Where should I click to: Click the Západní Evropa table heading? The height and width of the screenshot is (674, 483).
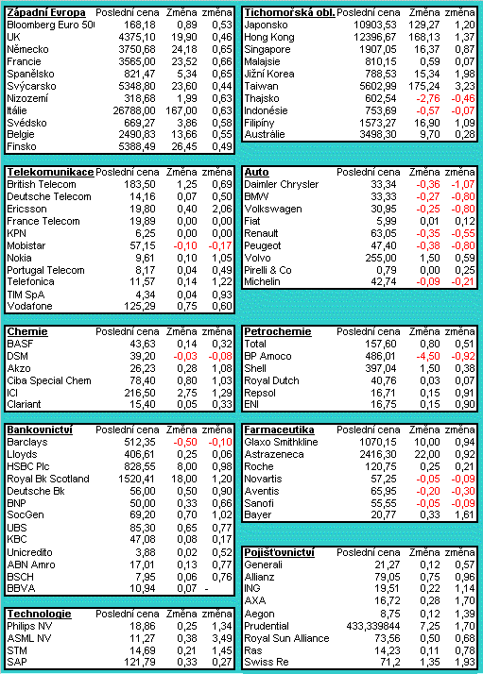tap(46, 13)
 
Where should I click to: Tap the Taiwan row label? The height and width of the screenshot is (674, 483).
tap(261, 87)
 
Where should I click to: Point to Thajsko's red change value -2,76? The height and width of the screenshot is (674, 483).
tap(428, 98)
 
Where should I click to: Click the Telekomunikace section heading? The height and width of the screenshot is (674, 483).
tap(50, 173)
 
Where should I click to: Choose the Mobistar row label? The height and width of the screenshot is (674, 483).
tap(26, 245)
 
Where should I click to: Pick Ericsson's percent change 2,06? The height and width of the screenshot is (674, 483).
tap(222, 209)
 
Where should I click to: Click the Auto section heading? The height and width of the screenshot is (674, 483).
tap(256, 173)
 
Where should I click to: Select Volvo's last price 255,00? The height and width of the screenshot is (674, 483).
tap(380, 258)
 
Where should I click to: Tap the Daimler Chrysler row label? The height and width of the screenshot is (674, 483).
tap(282, 184)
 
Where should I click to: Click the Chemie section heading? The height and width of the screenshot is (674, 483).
tap(27, 332)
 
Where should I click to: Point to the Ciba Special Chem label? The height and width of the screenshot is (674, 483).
tap(49, 380)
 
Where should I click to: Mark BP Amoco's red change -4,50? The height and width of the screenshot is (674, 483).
tap(428, 356)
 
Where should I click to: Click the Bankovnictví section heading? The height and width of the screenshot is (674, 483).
tap(40, 430)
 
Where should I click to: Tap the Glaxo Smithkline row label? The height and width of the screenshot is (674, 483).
tap(281, 443)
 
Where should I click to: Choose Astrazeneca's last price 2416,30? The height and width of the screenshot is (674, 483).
tap(378, 454)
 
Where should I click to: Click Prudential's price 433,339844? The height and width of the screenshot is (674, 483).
tap(373, 626)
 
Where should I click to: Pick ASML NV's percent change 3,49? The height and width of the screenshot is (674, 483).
tap(222, 639)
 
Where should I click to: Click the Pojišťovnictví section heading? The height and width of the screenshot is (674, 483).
tap(280, 553)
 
